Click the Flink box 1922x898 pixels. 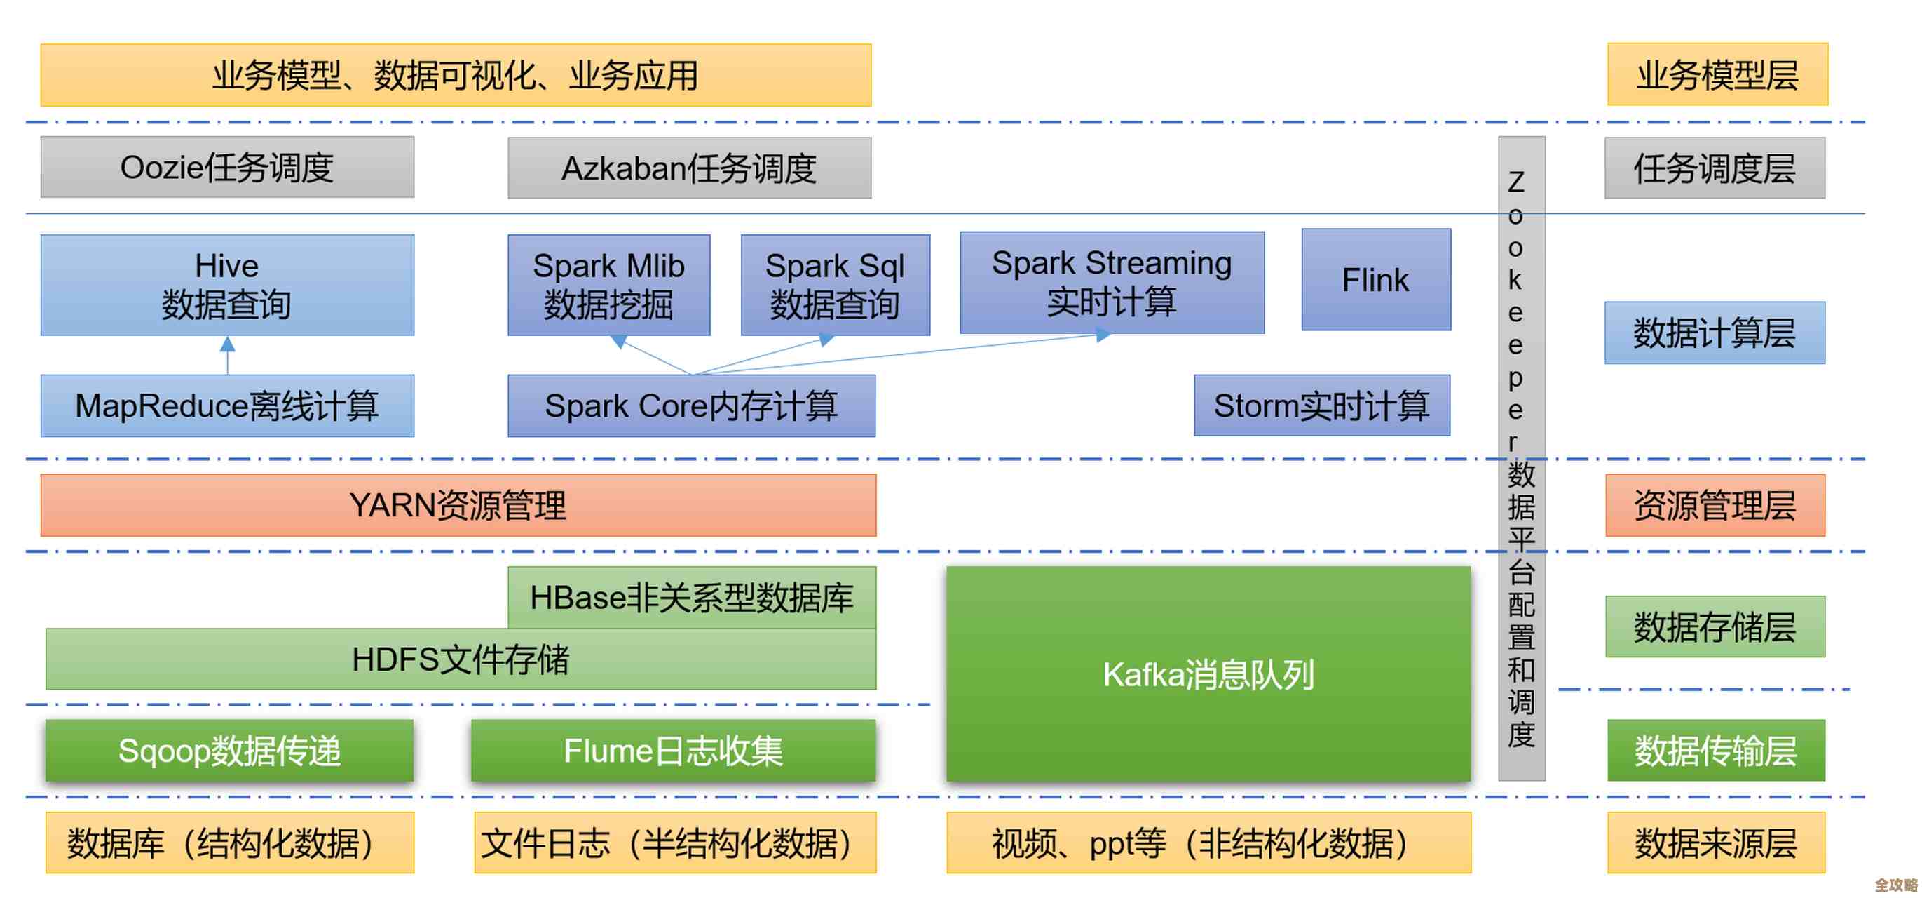pos(1376,280)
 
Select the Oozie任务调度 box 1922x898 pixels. pos(227,167)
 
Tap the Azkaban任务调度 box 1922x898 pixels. pos(688,168)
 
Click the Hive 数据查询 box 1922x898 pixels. pos(227,285)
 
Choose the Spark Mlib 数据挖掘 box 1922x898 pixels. pos(608,285)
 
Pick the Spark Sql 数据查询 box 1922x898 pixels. pos(835,285)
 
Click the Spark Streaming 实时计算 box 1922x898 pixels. pos(1111,282)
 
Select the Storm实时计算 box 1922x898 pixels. pos(1321,406)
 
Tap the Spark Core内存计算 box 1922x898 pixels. pos(691,406)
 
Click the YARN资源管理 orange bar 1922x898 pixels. pos(458,505)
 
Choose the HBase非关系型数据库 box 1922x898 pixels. pos(691,597)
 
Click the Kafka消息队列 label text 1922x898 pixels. pos(1208,674)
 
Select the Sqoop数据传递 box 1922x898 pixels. pos(229,750)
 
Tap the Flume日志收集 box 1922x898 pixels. pos(672,750)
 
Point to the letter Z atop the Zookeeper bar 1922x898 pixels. pos(1516,182)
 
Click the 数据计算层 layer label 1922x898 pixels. pos(1714,333)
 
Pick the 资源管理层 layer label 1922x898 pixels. pos(1714,505)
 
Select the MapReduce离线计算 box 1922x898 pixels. pos(227,406)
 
